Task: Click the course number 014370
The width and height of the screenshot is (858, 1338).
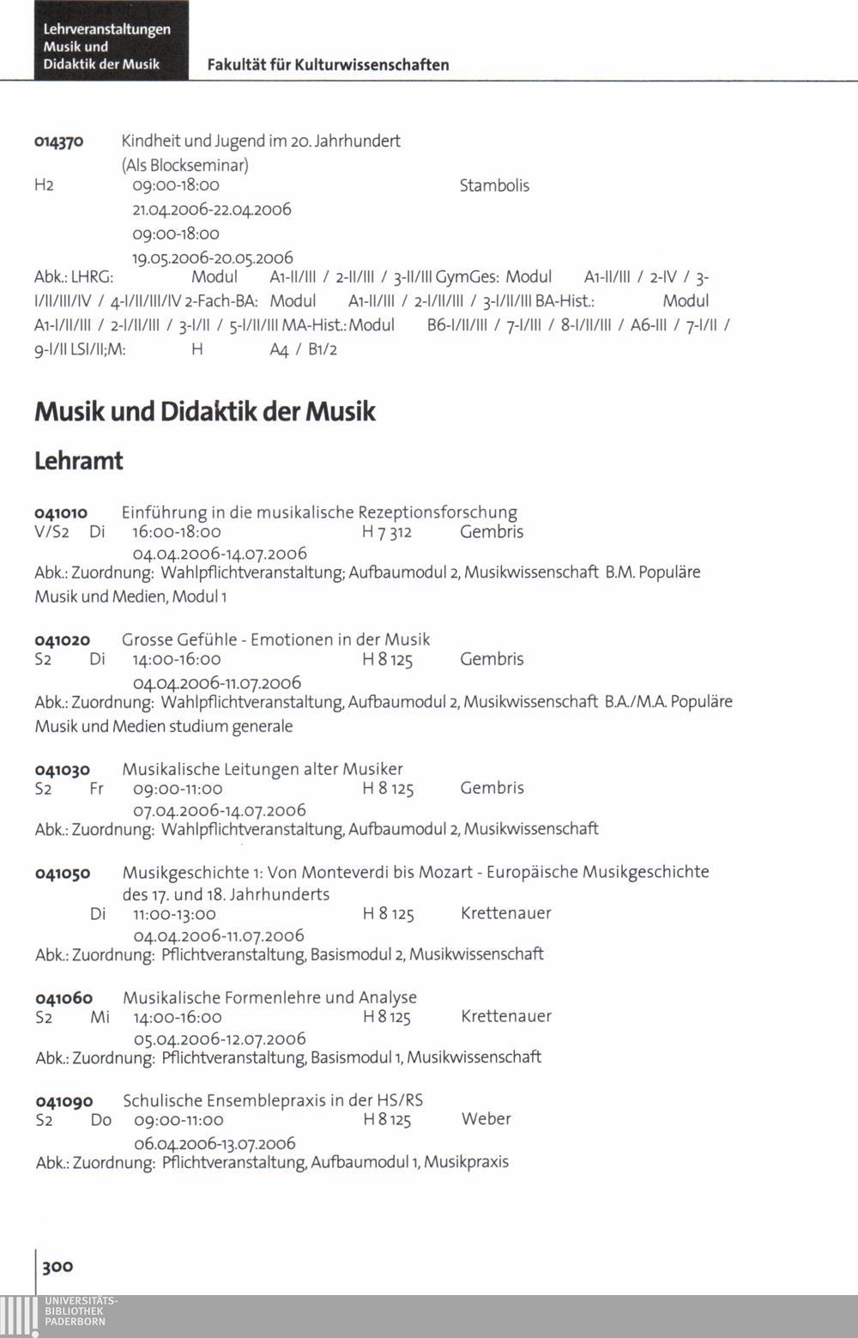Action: click(58, 141)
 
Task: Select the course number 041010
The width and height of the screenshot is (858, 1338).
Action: click(60, 513)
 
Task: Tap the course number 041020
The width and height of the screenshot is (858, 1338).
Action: click(62, 640)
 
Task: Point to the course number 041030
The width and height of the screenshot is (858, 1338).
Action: click(62, 770)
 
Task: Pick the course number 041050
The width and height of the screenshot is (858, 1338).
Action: click(62, 873)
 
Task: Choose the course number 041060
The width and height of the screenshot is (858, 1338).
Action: click(63, 998)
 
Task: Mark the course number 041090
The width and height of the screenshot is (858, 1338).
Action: click(64, 1101)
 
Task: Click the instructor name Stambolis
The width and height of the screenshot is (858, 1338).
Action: click(494, 185)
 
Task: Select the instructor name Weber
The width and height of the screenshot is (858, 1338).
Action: click(486, 1119)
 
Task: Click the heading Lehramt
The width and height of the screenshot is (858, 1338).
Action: click(79, 461)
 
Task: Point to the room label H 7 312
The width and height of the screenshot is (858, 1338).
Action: click(387, 532)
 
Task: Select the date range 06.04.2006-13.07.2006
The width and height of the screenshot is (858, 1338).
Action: click(214, 1143)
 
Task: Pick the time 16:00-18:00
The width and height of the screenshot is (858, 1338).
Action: click(177, 532)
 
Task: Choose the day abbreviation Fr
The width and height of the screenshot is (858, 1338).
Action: click(96, 788)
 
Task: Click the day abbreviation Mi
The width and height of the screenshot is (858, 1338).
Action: click(100, 1016)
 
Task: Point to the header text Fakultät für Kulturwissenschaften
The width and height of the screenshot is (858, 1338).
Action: click(328, 65)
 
